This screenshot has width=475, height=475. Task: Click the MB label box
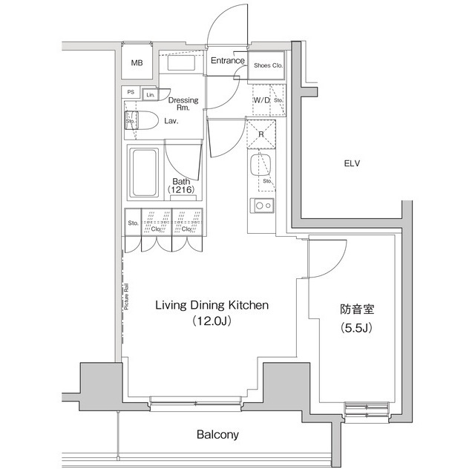click(137, 63)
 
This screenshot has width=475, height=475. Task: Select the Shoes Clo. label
click(267, 65)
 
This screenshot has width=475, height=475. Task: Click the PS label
click(131, 93)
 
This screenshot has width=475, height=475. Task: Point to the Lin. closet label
click(150, 94)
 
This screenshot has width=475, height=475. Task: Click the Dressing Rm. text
click(183, 105)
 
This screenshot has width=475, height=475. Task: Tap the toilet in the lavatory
click(140, 122)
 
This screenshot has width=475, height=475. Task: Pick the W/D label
click(261, 99)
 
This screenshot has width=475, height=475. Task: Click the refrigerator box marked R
click(261, 135)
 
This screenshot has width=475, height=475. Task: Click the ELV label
click(352, 163)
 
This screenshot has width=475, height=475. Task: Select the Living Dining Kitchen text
click(211, 305)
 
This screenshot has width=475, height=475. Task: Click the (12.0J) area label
click(211, 321)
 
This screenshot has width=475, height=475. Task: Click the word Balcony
click(217, 435)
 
